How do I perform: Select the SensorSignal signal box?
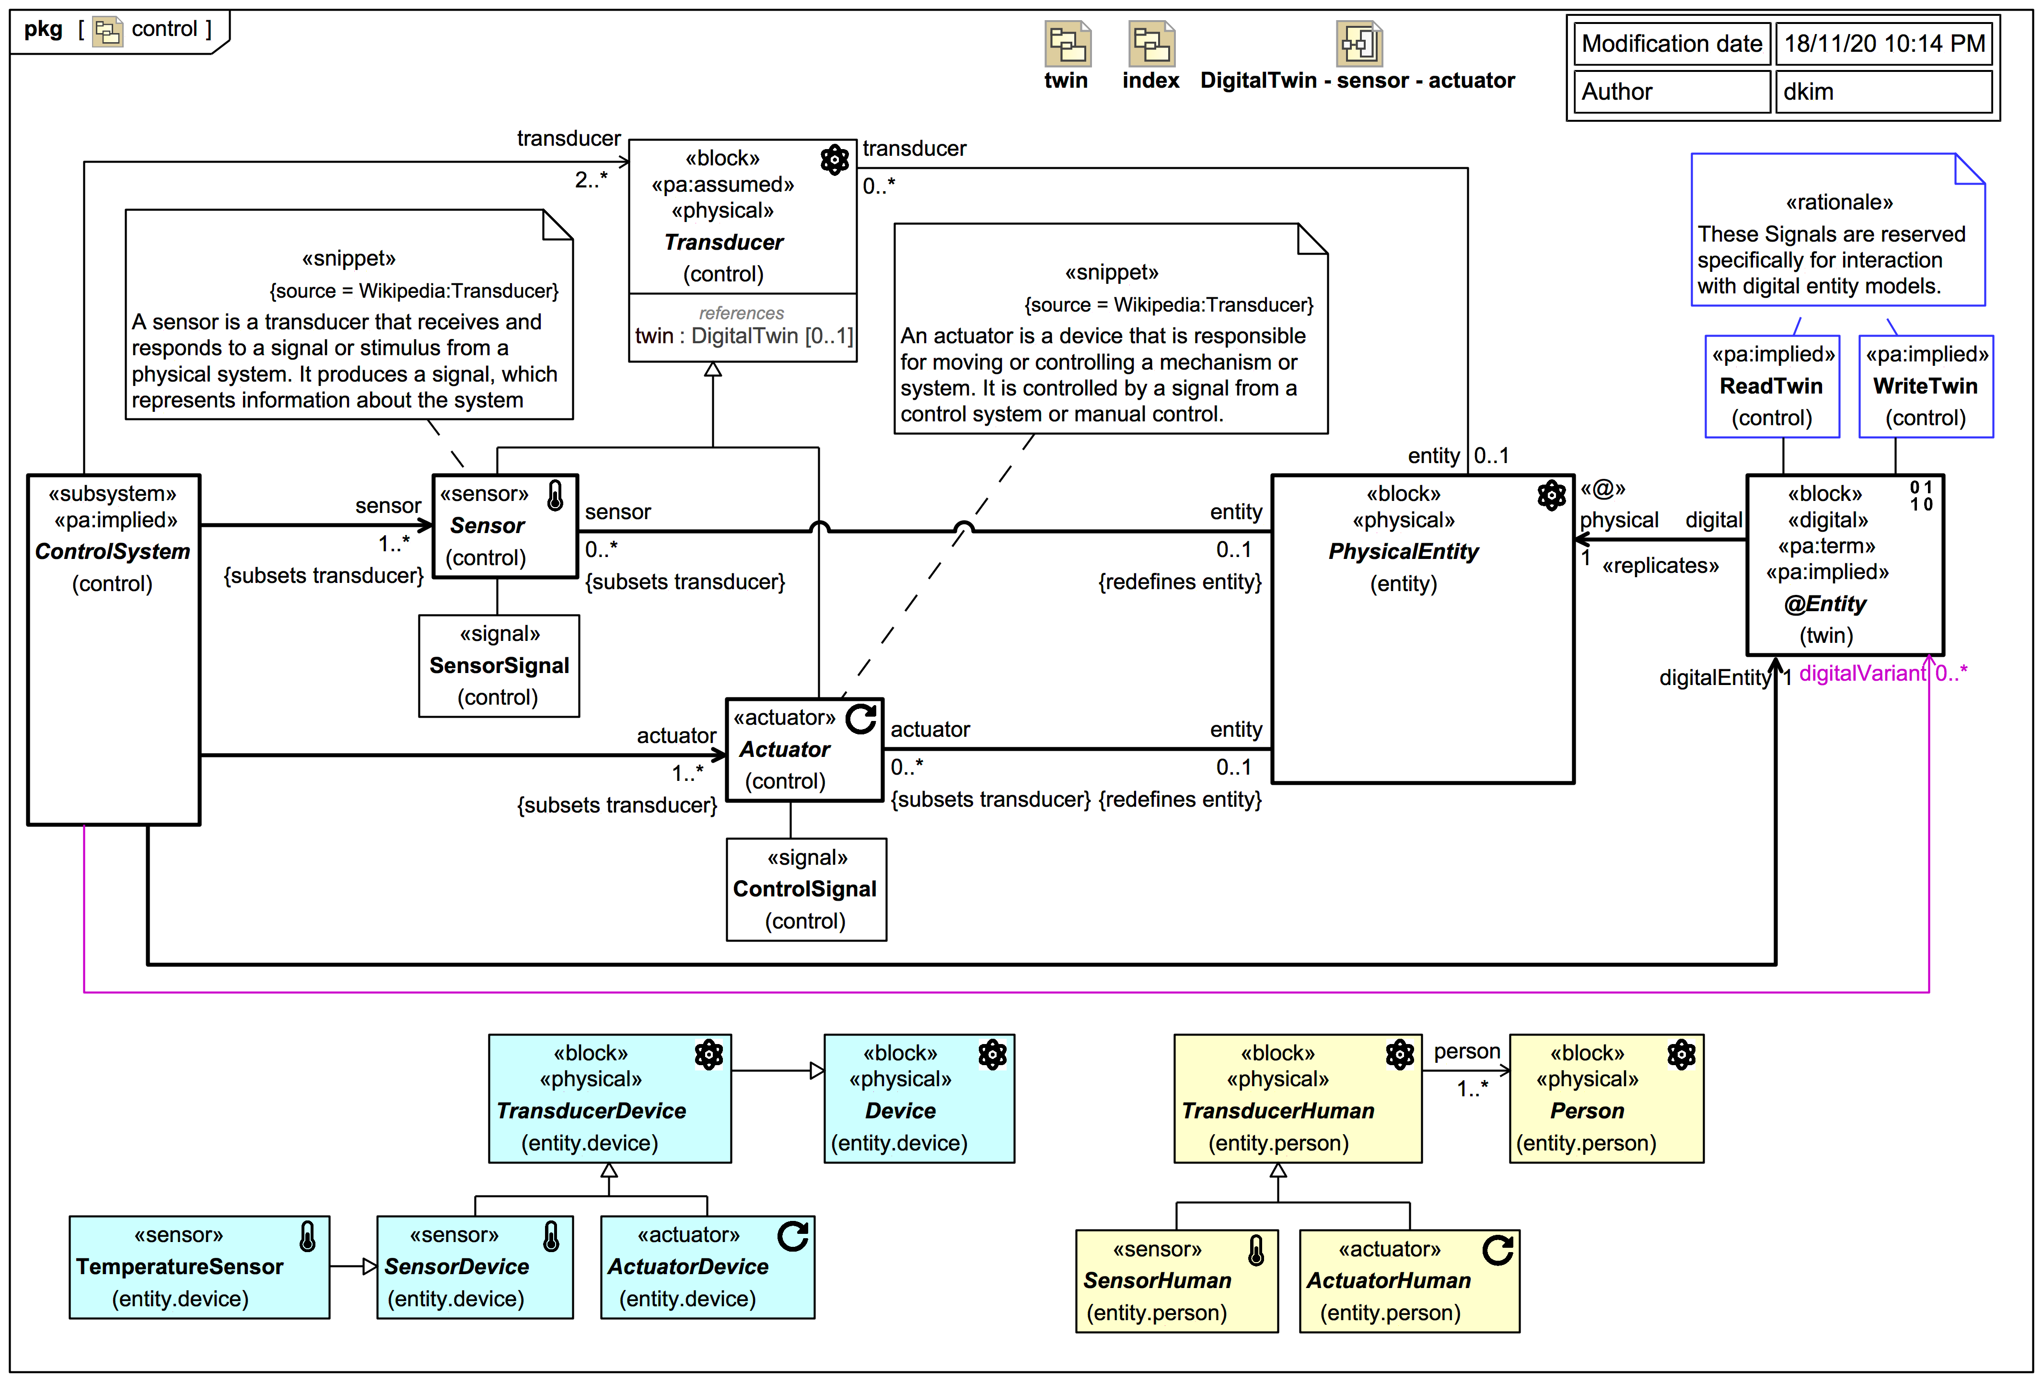click(499, 665)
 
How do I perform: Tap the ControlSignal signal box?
click(805, 889)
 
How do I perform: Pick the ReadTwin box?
click(1771, 386)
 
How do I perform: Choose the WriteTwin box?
click(1925, 386)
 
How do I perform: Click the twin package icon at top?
click(1067, 44)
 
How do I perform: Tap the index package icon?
click(1151, 44)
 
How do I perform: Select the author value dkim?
click(1808, 92)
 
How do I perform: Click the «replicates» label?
click(1660, 565)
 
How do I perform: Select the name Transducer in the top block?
click(723, 242)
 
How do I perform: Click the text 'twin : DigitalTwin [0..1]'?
click(743, 336)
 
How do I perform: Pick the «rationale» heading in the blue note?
click(1838, 202)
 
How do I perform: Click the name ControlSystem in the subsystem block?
click(113, 551)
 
